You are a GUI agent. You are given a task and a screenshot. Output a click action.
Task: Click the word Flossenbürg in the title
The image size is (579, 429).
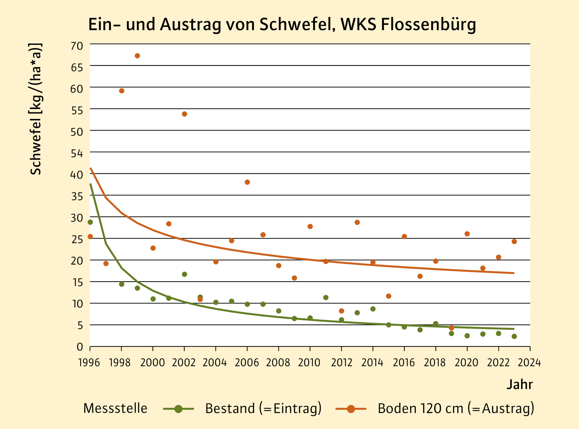point(428,25)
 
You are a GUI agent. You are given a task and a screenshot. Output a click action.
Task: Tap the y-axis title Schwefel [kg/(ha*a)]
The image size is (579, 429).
point(36,109)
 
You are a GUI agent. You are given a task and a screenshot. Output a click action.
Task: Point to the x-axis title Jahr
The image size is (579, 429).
point(519,385)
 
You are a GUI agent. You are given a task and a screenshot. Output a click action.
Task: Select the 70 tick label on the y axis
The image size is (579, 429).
point(77,46)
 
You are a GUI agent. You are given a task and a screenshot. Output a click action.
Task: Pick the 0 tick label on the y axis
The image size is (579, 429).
point(80,347)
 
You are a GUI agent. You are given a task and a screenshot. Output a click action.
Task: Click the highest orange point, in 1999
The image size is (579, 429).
point(138,56)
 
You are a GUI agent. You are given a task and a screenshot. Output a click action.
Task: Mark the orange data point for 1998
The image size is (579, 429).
point(122,91)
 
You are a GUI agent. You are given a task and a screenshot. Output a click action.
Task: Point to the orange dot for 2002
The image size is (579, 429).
point(184,114)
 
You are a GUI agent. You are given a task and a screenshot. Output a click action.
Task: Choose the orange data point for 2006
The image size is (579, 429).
point(247,182)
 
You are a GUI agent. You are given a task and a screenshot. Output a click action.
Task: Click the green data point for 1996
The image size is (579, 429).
point(90,222)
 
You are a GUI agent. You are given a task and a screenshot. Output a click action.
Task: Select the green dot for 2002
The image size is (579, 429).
point(184,274)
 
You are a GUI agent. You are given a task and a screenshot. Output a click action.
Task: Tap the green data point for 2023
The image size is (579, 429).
point(514,337)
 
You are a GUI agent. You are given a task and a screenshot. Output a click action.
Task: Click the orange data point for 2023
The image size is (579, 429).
point(514,241)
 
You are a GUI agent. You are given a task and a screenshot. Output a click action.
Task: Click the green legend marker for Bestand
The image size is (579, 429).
point(178,409)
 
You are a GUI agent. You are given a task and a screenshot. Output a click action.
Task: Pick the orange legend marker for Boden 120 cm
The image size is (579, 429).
point(351,409)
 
